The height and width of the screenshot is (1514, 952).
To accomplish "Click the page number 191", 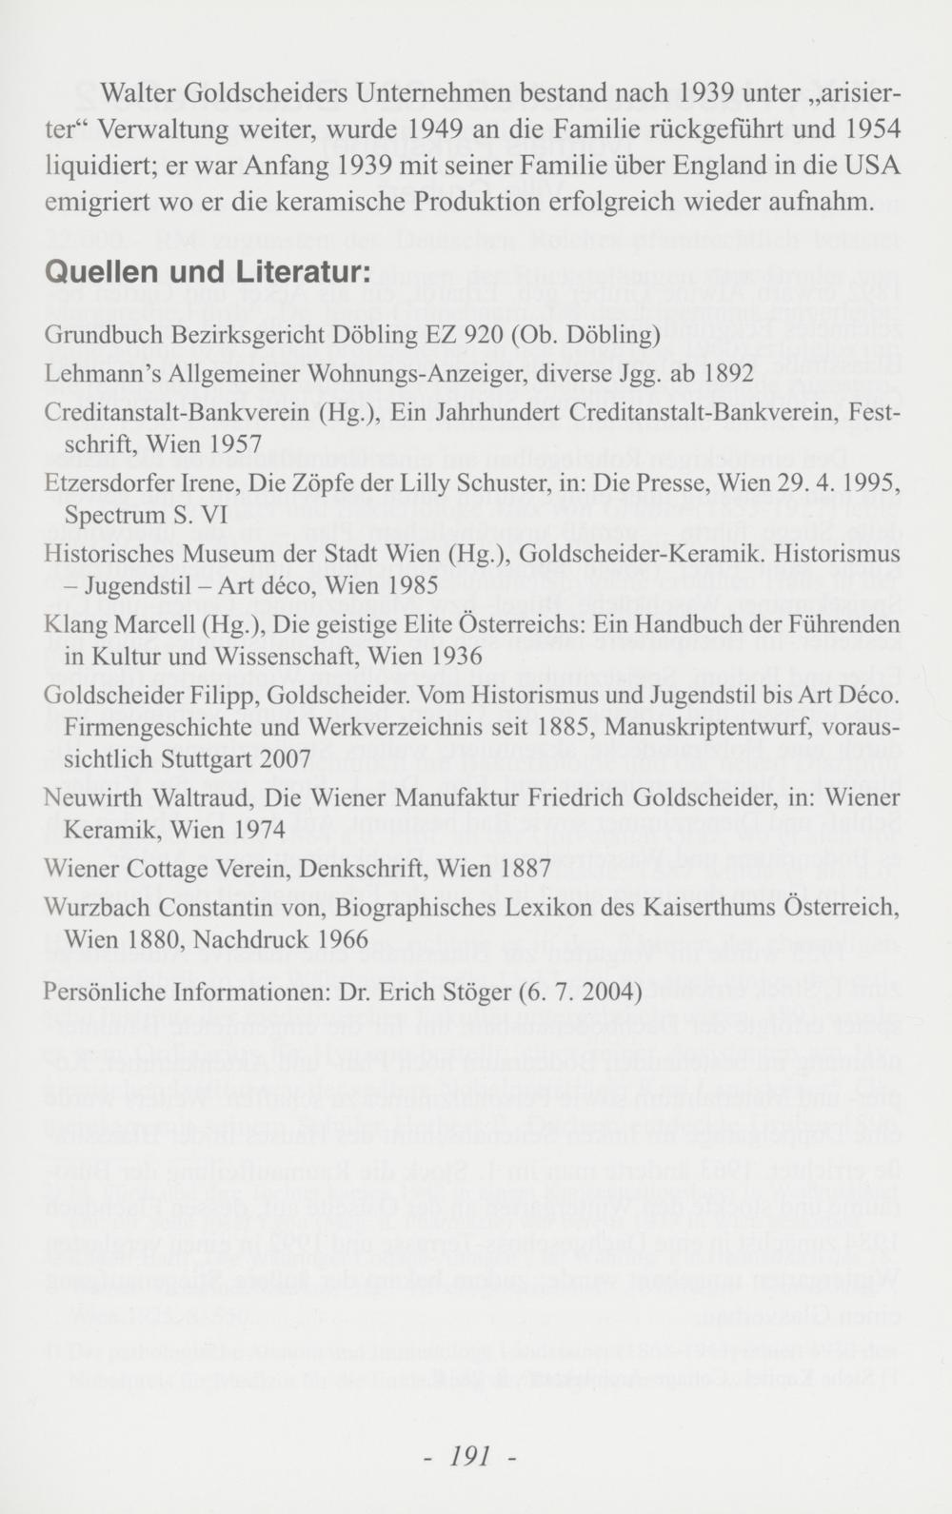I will (x=469, y=1455).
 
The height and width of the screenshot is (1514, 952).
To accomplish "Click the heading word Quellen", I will (x=99, y=271).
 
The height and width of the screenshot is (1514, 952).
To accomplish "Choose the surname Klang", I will (x=77, y=624).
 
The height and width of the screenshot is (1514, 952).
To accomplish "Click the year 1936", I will (x=450, y=657).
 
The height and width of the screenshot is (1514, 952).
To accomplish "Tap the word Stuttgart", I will (x=208, y=759).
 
